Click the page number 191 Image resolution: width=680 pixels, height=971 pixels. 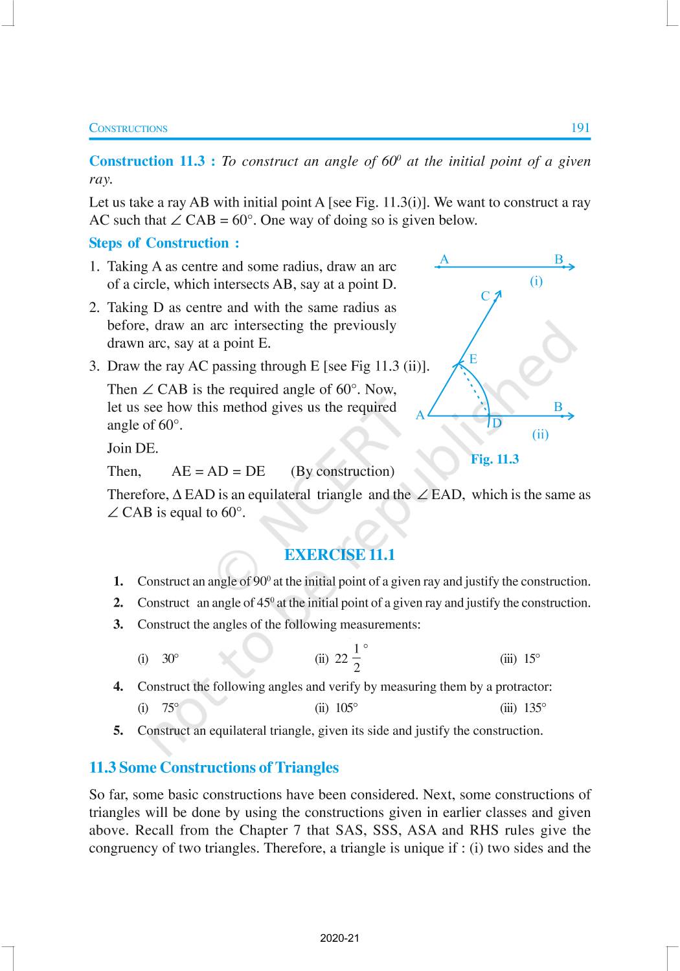pos(580,128)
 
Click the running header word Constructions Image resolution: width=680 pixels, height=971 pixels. pos(128,128)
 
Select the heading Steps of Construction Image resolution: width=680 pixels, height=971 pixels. pos(164,243)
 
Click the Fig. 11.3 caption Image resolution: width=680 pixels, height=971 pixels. pos(495,460)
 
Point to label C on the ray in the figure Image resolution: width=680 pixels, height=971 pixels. pos(486,296)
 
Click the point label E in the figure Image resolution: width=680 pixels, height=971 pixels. pos(473,359)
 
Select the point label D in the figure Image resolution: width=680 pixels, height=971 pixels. pos(497,423)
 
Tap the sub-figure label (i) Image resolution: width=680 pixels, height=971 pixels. pos(536,281)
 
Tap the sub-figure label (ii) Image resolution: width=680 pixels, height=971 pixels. pos(540,434)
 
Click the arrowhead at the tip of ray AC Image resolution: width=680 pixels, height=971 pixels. pos(498,295)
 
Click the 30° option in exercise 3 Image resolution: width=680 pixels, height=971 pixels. pos(170,659)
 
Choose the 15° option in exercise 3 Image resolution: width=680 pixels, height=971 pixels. pos(532,659)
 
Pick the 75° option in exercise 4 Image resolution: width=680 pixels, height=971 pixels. pos(170,708)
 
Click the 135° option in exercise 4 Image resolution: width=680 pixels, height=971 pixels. pos(535,708)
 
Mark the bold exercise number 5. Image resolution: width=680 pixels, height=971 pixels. pos(118,731)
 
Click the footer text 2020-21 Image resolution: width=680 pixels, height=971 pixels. pos(339,938)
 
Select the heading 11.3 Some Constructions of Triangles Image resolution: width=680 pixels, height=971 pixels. pos(214,768)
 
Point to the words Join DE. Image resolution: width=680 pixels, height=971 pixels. pos(133,449)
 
